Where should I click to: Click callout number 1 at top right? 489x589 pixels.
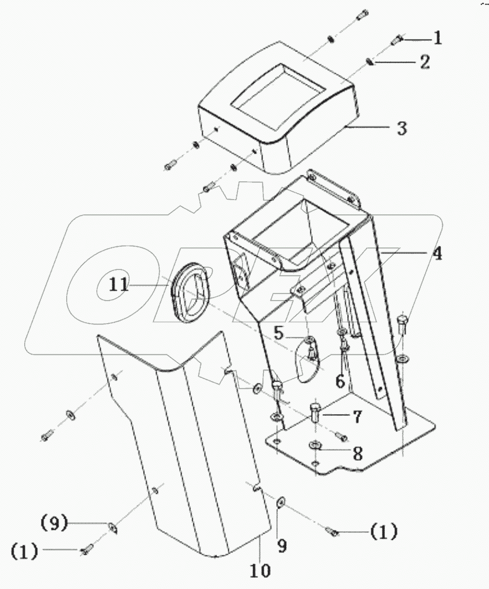(x=437, y=39)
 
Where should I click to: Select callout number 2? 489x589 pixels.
(x=425, y=62)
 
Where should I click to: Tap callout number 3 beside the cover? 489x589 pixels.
(x=402, y=128)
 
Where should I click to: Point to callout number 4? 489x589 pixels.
(x=436, y=254)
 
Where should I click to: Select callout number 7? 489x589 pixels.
(x=357, y=417)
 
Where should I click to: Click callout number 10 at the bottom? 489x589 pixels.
(x=261, y=571)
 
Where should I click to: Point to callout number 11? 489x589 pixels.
(x=118, y=285)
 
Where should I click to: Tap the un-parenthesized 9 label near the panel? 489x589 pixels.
(x=282, y=546)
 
